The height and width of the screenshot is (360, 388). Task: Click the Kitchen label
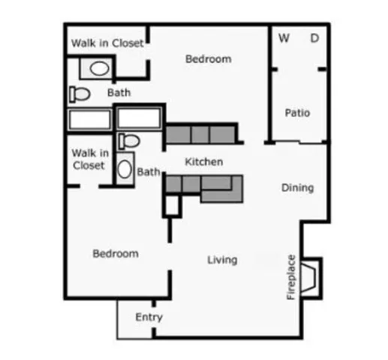point(204,161)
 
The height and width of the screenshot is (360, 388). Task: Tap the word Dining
point(297,187)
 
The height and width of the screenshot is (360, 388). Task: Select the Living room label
point(222,259)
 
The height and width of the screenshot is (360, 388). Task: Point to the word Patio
point(297,113)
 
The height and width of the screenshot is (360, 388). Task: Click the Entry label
point(149,317)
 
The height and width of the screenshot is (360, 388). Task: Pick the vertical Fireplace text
point(292,277)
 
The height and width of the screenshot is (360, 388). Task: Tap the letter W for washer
point(284,37)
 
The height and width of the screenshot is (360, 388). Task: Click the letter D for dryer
point(315,37)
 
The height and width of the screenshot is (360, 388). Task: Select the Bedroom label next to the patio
point(209,58)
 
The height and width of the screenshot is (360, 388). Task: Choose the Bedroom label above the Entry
point(116,253)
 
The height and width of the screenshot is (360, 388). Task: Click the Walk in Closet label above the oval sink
point(107,43)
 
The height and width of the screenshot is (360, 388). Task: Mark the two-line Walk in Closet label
point(90,159)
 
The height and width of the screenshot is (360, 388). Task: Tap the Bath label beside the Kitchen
point(149,172)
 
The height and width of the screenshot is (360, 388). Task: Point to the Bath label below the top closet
point(119,93)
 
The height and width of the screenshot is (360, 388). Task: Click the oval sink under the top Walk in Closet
point(98,68)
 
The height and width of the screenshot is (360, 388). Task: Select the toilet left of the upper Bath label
point(79,94)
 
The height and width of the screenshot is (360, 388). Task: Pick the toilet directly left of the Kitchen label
point(129,141)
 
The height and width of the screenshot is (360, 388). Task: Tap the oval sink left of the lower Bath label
point(125,167)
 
